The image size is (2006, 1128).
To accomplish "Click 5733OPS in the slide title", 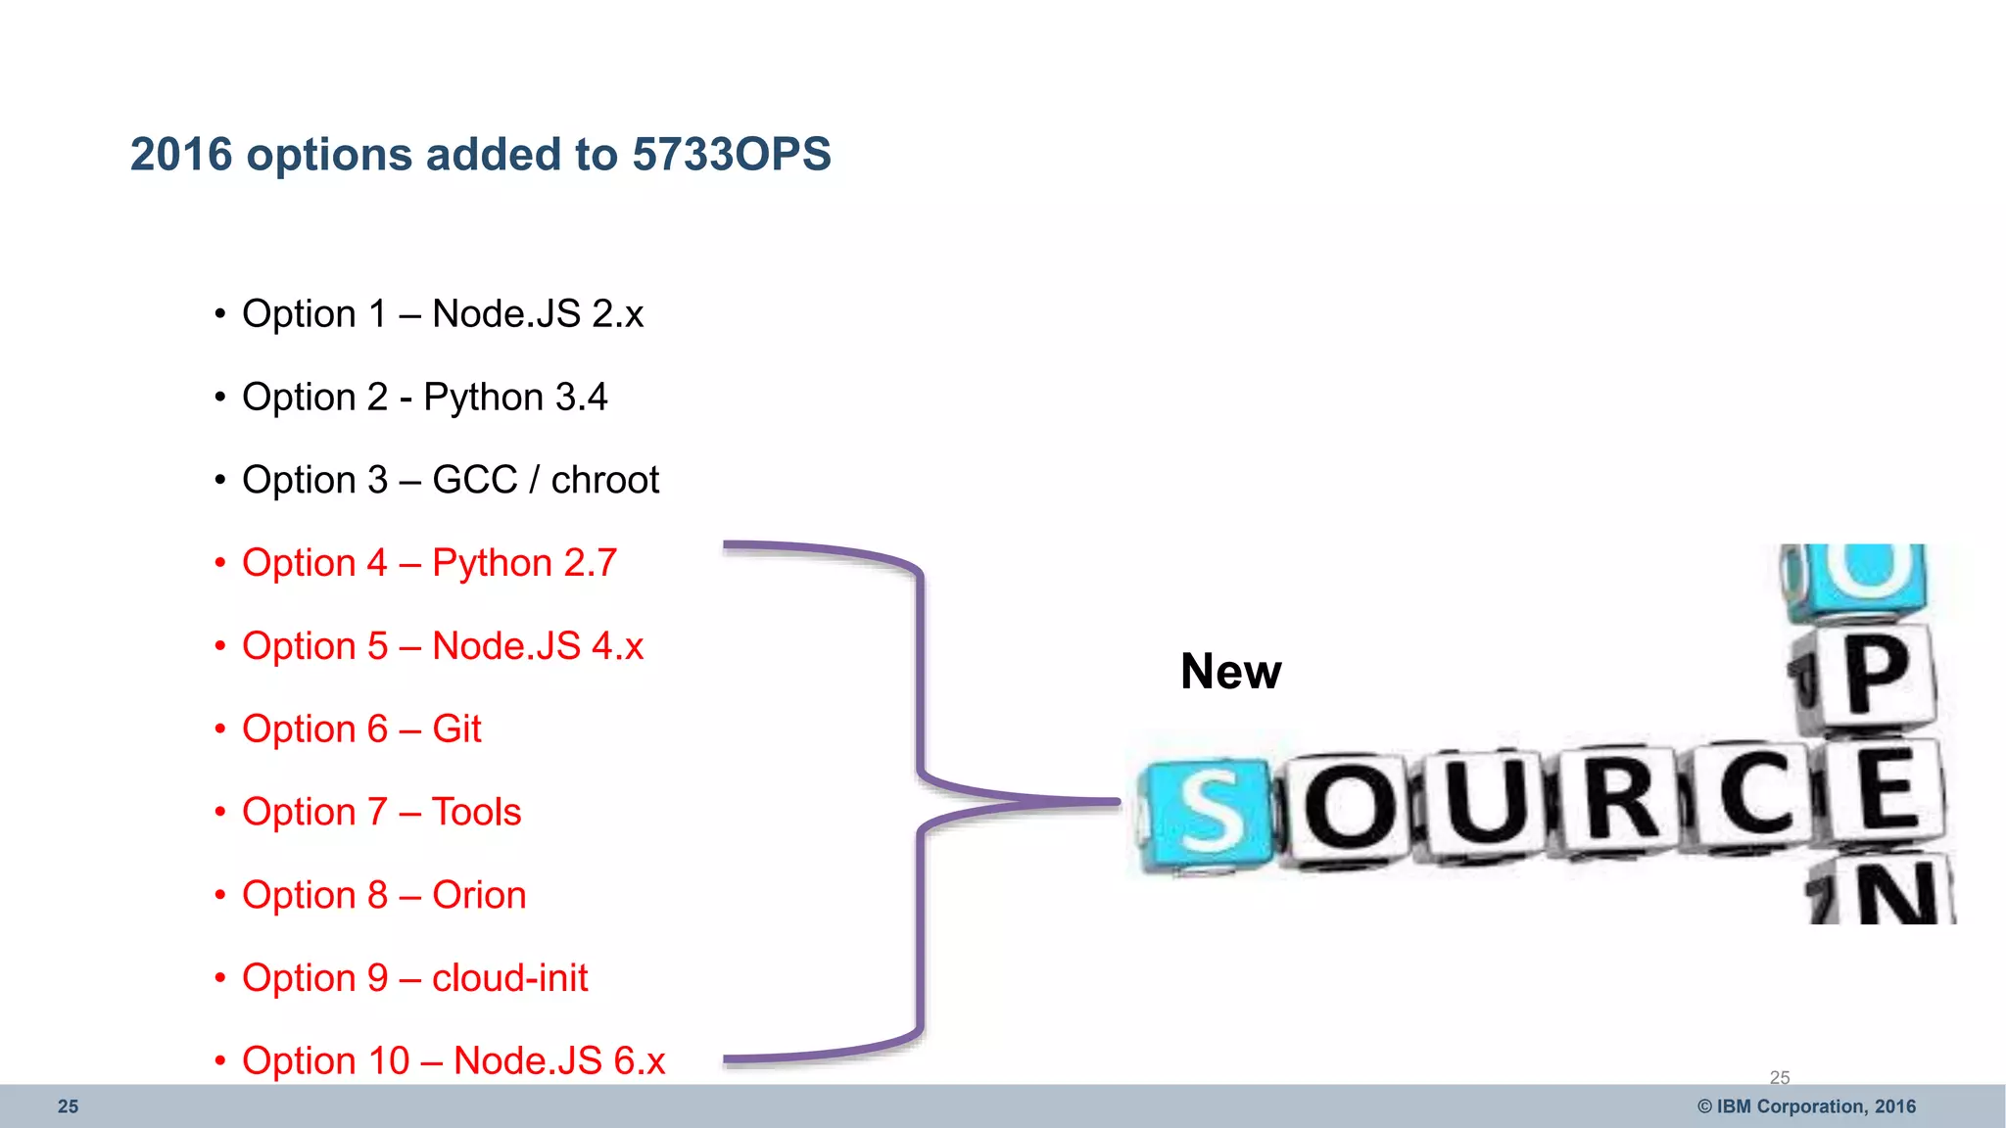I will [x=732, y=155].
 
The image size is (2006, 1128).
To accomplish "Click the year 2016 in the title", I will [x=181, y=155].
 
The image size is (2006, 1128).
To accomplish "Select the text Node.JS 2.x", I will [x=538, y=314].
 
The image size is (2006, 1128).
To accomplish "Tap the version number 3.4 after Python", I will [x=581, y=398].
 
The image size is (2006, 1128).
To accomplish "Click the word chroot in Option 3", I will [x=604, y=481].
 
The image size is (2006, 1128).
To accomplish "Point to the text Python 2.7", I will [x=524, y=563].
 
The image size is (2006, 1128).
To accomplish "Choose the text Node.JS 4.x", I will [x=538, y=646].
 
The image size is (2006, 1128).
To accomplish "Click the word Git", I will [x=456, y=729].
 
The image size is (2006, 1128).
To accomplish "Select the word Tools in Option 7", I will [x=476, y=813].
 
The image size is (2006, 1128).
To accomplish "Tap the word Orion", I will [x=479, y=895].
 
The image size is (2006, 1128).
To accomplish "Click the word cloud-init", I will [x=509, y=978].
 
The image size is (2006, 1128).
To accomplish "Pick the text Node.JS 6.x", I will [x=559, y=1061].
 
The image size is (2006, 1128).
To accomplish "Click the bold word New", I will [x=1230, y=672].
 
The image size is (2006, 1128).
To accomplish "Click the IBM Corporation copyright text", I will [x=1806, y=1106].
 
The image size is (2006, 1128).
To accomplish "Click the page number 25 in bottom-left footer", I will [x=68, y=1106].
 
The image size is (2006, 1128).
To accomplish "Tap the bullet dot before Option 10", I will [x=220, y=1061].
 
